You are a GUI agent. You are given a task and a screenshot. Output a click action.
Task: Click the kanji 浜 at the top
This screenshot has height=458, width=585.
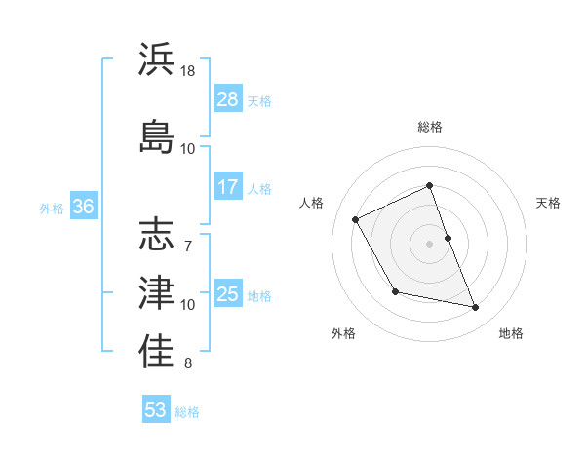point(156,59)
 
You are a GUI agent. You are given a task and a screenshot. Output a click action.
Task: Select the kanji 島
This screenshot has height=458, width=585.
point(156,134)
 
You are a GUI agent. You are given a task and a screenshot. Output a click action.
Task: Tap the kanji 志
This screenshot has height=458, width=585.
point(156,235)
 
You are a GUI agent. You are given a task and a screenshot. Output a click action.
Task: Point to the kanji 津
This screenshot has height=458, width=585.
point(156,290)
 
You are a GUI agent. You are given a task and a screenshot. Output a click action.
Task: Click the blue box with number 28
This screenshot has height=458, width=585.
point(228,99)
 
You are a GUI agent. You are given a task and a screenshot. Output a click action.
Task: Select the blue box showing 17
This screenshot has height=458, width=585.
point(228,187)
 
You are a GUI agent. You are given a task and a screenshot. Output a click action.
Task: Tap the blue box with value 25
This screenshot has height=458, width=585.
point(228,294)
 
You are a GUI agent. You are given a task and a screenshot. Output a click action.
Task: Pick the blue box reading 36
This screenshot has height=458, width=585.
point(83,207)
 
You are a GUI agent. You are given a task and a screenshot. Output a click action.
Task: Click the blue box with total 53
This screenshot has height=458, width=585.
point(156,410)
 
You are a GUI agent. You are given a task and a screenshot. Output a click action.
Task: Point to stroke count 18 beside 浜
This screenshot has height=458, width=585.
point(189,71)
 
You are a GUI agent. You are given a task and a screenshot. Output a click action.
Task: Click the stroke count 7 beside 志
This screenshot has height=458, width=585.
point(189,234)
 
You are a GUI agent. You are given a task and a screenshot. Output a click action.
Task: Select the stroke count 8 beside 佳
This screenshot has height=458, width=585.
point(189,363)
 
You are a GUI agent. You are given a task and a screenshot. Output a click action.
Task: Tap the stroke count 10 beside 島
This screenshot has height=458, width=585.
point(188,148)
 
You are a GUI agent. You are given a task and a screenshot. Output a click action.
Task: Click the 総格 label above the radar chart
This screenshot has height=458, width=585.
point(430,127)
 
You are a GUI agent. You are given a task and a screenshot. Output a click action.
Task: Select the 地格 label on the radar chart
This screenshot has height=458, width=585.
point(511,333)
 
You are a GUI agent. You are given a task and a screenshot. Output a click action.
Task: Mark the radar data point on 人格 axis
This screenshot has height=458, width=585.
point(356,220)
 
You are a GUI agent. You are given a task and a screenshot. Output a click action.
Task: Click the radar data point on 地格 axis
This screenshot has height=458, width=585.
point(476,308)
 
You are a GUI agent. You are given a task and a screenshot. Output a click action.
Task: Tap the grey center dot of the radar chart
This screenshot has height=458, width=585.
point(430,244)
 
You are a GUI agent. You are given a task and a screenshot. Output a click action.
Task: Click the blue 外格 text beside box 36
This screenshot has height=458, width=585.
point(52,208)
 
